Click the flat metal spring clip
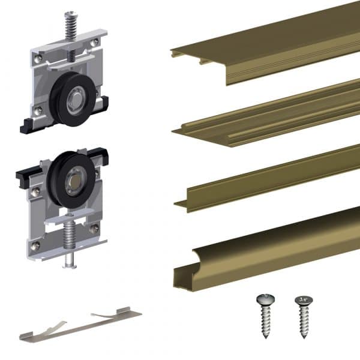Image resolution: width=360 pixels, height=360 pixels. [x=81, y=325]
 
